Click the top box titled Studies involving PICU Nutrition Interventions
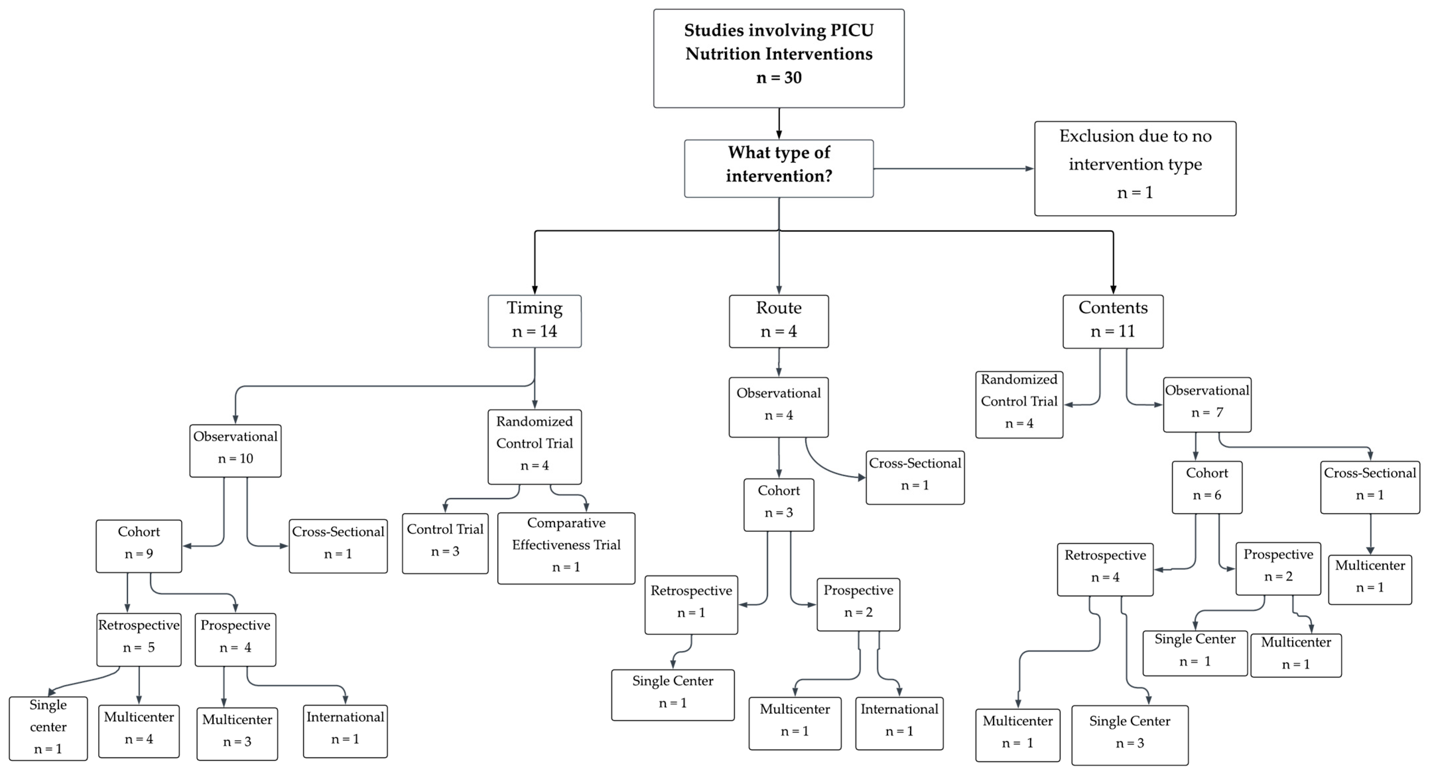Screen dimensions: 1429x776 coord(779,58)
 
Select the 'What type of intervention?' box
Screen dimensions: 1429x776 coord(779,169)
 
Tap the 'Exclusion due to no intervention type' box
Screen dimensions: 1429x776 coord(1135,169)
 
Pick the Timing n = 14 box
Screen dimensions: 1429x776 coord(535,321)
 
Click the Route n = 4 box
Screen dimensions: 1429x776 coord(779,321)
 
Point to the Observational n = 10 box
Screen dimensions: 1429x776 coord(235,451)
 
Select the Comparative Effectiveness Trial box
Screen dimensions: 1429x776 coord(566,548)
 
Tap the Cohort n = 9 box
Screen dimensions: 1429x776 coord(139,546)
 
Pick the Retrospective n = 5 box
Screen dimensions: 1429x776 coord(139,639)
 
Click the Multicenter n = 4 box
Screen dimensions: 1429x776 coord(139,731)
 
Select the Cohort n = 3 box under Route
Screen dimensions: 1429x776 coord(779,505)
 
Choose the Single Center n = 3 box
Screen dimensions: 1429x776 coord(1130,735)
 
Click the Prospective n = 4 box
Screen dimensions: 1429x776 coord(235,639)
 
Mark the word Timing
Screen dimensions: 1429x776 coord(535,308)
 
